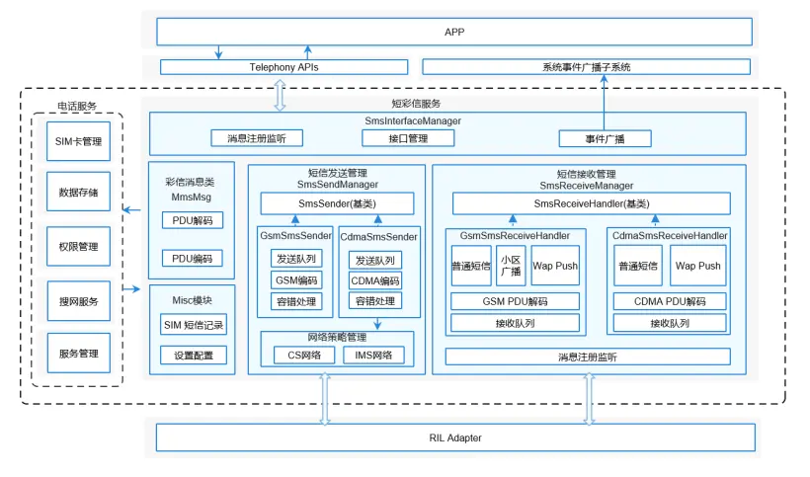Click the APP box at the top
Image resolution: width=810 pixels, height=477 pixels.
pos(453,32)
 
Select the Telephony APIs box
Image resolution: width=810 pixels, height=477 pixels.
pos(283,67)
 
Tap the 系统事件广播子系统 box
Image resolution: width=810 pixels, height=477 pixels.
pos(586,67)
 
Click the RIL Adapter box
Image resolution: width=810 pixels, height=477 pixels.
pos(455,437)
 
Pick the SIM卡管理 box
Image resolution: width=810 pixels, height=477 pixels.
pos(79,141)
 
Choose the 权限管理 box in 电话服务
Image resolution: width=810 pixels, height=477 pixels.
pos(79,247)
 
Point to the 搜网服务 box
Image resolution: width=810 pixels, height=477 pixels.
pos(79,300)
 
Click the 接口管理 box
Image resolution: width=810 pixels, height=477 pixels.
pos(408,138)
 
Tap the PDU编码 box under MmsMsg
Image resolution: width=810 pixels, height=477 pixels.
pos(192,259)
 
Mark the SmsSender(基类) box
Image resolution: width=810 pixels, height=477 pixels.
pos(336,203)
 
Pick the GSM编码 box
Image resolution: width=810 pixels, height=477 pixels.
pos(295,279)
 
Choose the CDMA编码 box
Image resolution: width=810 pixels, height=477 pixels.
pos(375,280)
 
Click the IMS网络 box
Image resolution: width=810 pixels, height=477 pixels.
pos(373,355)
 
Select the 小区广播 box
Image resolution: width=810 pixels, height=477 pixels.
pos(511,266)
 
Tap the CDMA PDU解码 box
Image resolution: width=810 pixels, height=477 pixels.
pos(669,301)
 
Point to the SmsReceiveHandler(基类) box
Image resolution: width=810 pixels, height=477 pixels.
pos(591,203)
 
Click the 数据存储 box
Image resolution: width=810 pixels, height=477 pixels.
pos(79,194)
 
